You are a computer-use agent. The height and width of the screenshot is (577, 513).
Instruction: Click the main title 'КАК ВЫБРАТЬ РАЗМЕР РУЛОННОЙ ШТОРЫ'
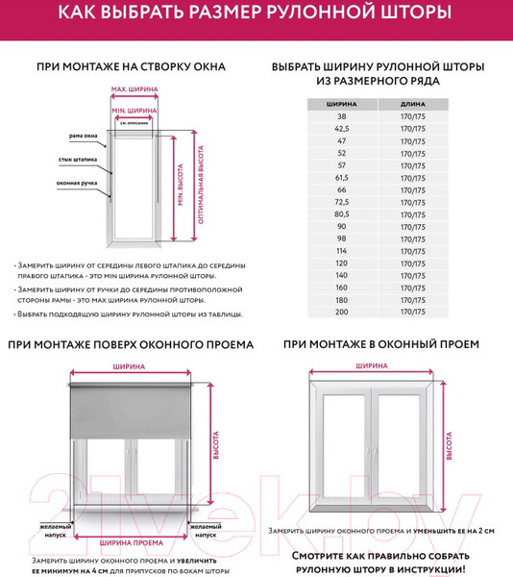[256, 14]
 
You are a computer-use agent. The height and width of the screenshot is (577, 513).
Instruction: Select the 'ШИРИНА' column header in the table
[342, 103]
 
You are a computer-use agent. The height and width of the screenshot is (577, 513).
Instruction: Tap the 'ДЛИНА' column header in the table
[412, 103]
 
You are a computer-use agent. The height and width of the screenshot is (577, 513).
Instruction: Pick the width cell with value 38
[342, 115]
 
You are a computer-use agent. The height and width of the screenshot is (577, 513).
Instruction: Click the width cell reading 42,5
[342, 128]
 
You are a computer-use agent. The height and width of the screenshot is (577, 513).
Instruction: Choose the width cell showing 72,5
[342, 202]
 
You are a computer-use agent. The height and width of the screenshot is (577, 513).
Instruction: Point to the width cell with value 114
[342, 250]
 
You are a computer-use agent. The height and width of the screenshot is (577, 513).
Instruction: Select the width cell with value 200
[342, 312]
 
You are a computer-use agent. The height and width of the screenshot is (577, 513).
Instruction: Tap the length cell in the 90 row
[412, 226]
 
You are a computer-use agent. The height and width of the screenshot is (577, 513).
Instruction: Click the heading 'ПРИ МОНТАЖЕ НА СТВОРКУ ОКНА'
[131, 67]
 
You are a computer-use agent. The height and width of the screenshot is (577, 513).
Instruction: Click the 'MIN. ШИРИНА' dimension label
[134, 111]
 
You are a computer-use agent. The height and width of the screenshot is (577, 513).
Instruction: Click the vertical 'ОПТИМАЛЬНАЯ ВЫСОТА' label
[200, 185]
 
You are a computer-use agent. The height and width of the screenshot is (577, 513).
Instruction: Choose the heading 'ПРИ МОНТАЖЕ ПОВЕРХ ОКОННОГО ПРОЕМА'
[131, 343]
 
